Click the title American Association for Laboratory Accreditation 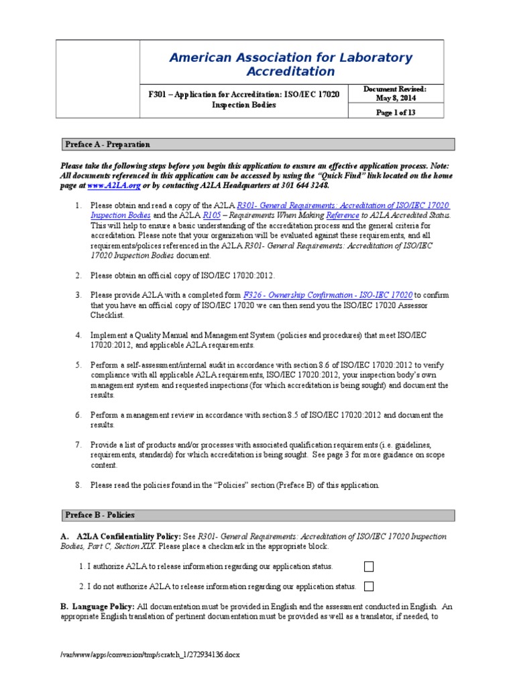291,64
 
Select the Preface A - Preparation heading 107,144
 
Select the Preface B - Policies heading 100,515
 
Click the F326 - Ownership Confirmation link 328,295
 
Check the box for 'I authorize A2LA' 368,566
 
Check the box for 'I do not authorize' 368,586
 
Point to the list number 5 78,365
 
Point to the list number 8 78,484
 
